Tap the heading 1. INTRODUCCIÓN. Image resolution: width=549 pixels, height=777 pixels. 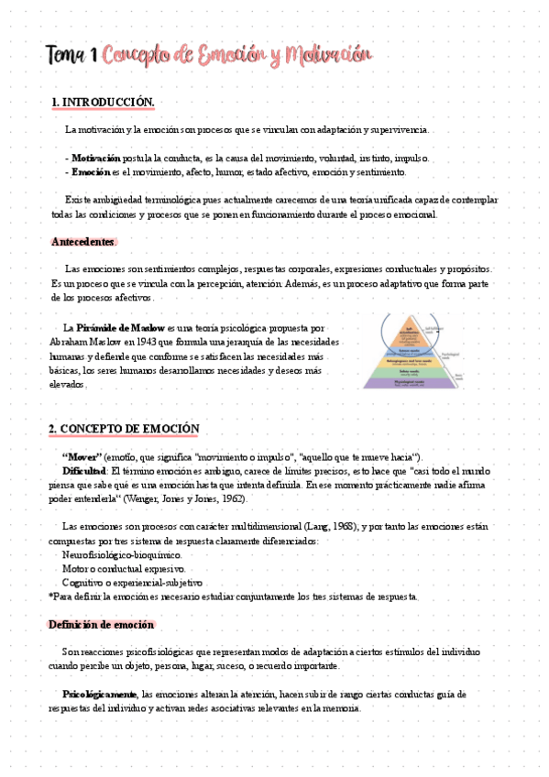click(x=103, y=102)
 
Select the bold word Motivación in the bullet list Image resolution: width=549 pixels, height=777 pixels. click(x=96, y=158)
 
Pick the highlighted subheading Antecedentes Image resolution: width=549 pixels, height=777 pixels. click(x=83, y=241)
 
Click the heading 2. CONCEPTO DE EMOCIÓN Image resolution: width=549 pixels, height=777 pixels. click(x=123, y=429)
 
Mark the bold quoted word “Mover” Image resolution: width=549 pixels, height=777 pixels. click(x=81, y=456)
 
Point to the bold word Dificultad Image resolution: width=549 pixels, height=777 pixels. click(x=84, y=470)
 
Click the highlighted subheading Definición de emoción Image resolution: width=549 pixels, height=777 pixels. click(x=101, y=624)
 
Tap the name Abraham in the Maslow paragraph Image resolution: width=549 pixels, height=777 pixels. click(x=71, y=342)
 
